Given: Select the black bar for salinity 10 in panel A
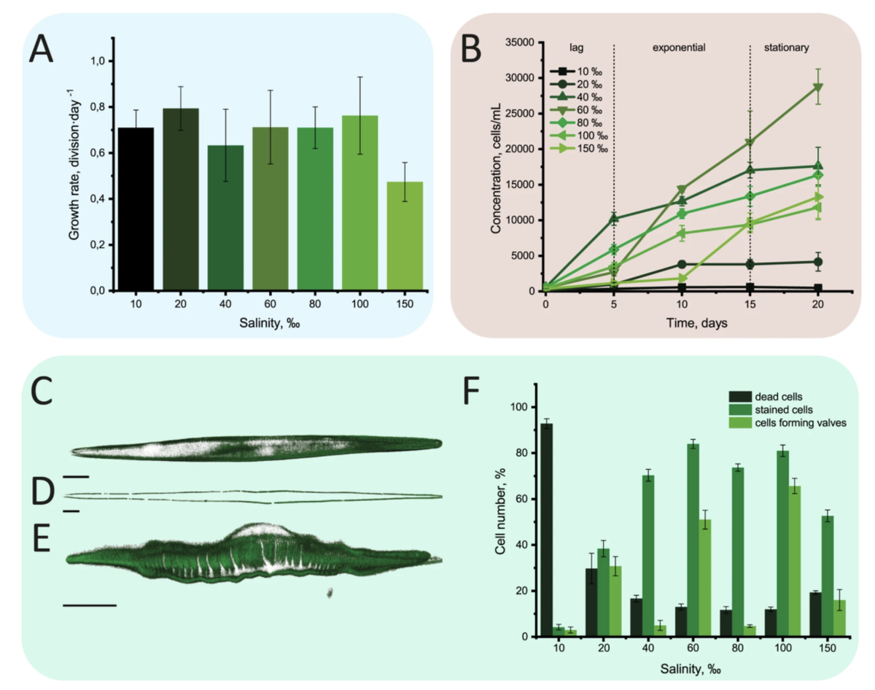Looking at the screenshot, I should coord(135,209).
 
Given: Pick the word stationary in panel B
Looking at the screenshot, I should coord(786,47).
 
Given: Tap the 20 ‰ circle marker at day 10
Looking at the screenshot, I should coord(682,264).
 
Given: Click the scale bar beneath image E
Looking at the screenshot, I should coord(89,605).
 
